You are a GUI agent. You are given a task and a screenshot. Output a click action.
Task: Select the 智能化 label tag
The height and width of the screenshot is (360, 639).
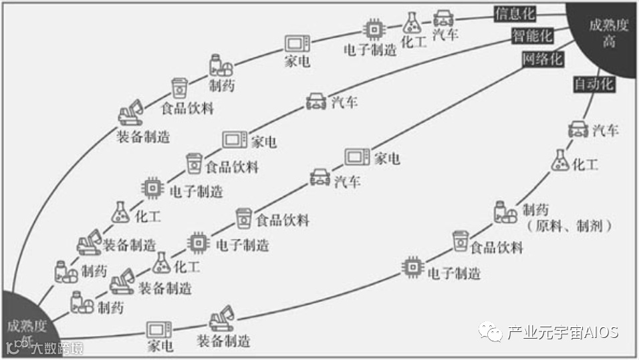click(532, 36)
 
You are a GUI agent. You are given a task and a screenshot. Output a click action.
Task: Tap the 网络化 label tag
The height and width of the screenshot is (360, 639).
click(543, 59)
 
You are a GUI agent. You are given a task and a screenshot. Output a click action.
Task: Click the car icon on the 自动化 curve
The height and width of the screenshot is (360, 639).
click(578, 130)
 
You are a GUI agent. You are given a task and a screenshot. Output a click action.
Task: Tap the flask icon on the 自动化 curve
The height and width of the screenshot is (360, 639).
click(560, 160)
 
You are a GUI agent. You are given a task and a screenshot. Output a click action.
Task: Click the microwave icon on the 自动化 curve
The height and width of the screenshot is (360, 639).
click(159, 329)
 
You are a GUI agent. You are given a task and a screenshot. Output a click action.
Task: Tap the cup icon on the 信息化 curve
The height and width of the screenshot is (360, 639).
click(178, 87)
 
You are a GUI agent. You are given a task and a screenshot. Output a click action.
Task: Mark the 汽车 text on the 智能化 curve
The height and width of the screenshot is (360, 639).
click(344, 102)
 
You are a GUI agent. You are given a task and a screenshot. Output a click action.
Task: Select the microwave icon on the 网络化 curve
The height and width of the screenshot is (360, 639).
click(357, 157)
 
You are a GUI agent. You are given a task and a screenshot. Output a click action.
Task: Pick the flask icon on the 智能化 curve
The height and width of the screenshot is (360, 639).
click(120, 212)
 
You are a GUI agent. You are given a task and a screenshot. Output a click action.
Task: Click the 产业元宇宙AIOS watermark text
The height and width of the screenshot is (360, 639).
click(562, 332)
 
